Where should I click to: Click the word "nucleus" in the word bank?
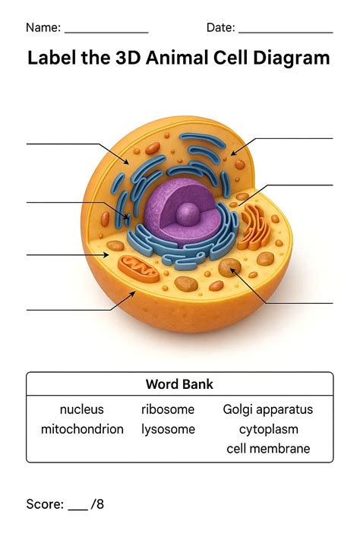(81, 409)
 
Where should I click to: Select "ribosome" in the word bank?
(168, 409)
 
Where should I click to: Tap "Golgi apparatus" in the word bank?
(267, 409)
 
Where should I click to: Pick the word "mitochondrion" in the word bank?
(82, 429)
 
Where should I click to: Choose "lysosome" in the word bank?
(168, 429)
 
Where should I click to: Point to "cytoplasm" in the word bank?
(268, 429)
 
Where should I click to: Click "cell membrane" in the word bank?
(268, 449)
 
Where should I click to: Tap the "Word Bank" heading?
(179, 384)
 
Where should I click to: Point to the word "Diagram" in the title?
(292, 58)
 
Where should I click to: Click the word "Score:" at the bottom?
(44, 504)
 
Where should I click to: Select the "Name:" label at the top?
(43, 28)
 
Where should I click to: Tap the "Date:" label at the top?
(221, 28)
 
